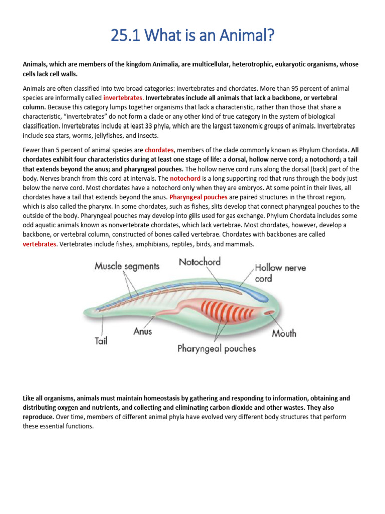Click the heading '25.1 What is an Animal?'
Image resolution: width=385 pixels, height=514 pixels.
coord(192,36)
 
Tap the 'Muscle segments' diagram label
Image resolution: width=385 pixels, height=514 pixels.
coord(127,266)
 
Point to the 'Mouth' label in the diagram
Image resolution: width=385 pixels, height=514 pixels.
coord(284,333)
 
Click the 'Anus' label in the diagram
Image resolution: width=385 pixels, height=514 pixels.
coord(143,331)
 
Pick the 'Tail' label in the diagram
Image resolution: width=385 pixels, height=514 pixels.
coord(102,341)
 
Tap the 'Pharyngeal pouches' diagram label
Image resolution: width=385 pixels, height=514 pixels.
coord(217,348)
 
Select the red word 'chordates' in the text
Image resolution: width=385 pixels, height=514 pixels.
coord(159,150)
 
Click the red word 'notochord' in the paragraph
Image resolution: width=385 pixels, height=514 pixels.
coord(185,178)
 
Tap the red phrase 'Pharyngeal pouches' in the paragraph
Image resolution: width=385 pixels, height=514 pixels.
coord(199,197)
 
